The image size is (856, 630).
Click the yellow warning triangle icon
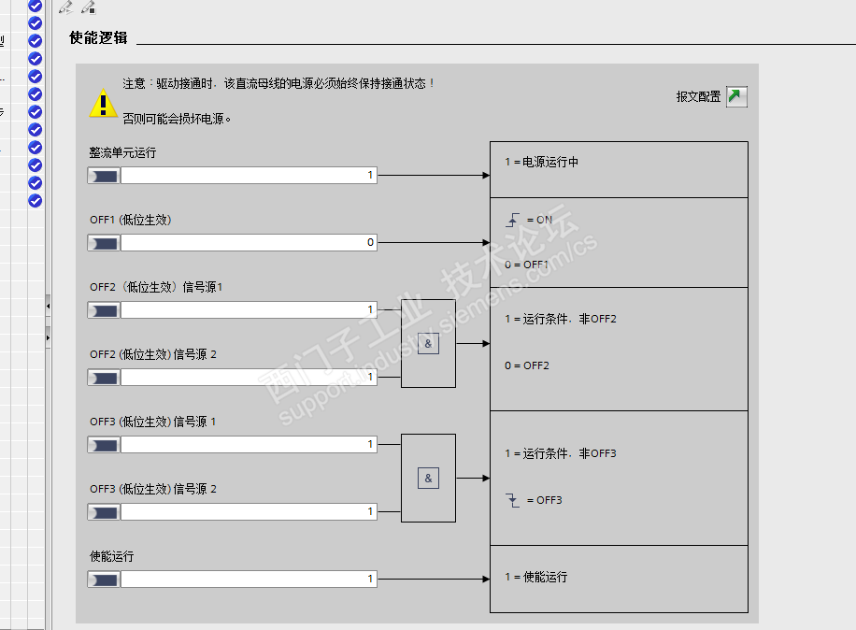pyautogui.click(x=103, y=103)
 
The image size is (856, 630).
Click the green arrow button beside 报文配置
pyautogui.click(x=736, y=96)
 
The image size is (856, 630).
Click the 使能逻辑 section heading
pyautogui.click(x=98, y=37)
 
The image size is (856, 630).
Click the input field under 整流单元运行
pyautogui.click(x=249, y=175)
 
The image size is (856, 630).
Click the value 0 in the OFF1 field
pyautogui.click(x=370, y=242)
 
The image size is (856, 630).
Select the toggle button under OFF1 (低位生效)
pyautogui.click(x=104, y=243)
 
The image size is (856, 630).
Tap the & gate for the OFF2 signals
pyautogui.click(x=428, y=343)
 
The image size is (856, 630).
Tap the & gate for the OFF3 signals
pyautogui.click(x=428, y=479)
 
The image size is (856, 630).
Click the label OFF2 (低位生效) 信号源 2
pyautogui.click(x=153, y=354)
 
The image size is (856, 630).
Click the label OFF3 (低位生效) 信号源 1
pyautogui.click(x=153, y=422)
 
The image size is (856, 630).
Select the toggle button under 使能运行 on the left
pyautogui.click(x=104, y=580)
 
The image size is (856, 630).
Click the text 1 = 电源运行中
pyautogui.click(x=542, y=162)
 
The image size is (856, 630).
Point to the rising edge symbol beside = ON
pyautogui.click(x=512, y=220)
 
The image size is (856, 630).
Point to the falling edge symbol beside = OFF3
pyautogui.click(x=512, y=500)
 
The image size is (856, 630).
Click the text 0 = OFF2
pyautogui.click(x=527, y=365)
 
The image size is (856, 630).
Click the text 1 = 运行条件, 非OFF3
pyautogui.click(x=561, y=453)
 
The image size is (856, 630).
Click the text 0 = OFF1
pyautogui.click(x=527, y=265)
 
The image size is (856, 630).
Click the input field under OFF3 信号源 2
pyautogui.click(x=249, y=511)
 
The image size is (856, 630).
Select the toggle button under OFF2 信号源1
pyautogui.click(x=104, y=310)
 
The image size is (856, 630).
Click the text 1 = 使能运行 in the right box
pyautogui.click(x=536, y=577)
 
